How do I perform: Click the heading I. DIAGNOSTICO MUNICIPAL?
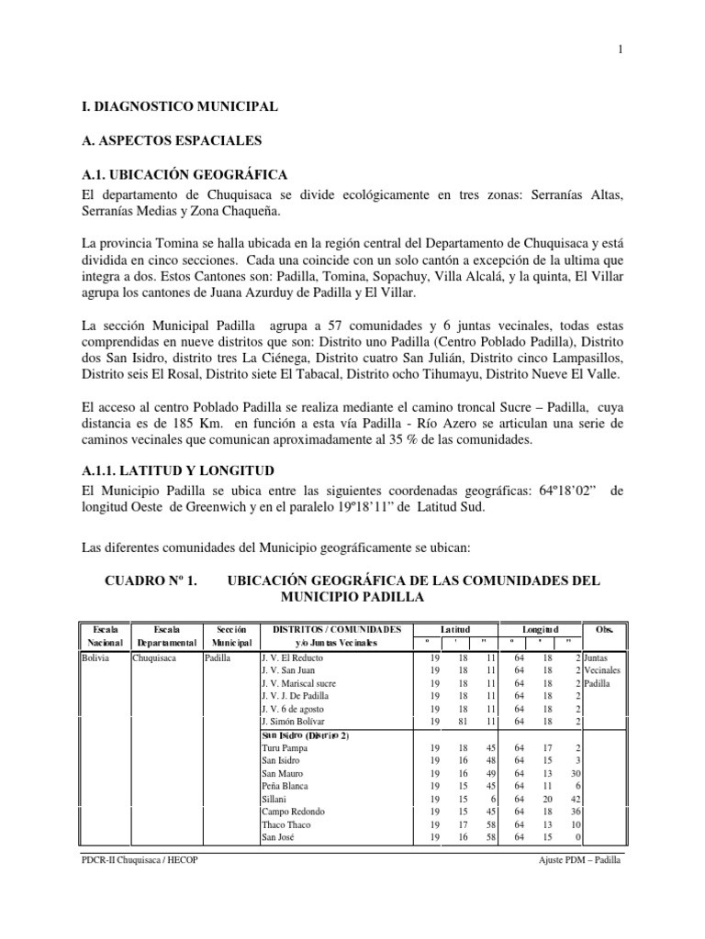pyautogui.click(x=179, y=108)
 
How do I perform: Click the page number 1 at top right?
pyautogui.click(x=621, y=50)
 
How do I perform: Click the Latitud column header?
pyautogui.click(x=454, y=630)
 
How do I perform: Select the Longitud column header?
pyautogui.click(x=540, y=630)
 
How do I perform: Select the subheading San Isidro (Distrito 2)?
pyautogui.click(x=305, y=735)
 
